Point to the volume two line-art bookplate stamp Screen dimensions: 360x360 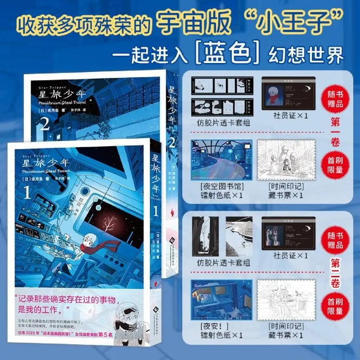tap(285, 302)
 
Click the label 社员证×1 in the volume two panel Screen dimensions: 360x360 tap(286, 256)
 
